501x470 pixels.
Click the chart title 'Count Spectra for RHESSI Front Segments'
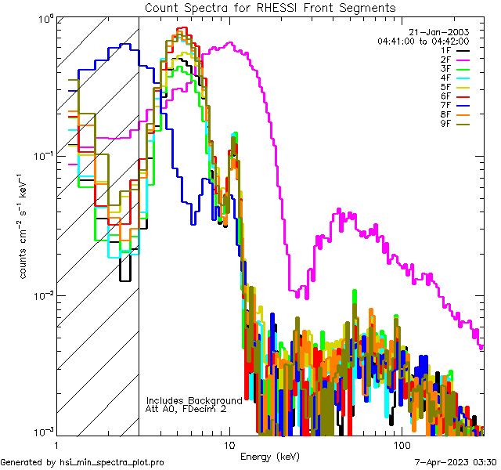[x=270, y=7]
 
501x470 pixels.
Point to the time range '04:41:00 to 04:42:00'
[x=423, y=41]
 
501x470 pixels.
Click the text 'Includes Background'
[x=194, y=400]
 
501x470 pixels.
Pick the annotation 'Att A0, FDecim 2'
[x=187, y=409]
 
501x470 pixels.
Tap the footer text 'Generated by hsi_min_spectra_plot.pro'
[x=82, y=463]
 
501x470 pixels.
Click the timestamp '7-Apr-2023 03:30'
[x=456, y=463]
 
